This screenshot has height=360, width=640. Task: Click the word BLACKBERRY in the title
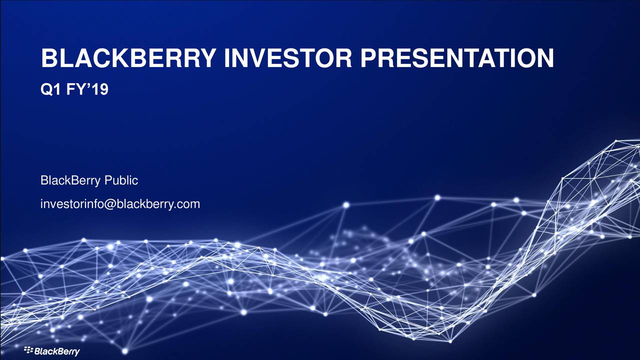tap(128, 58)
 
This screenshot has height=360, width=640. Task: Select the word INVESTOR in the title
tap(287, 58)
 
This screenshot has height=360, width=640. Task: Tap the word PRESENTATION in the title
tap(457, 58)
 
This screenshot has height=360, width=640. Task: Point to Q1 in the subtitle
tap(50, 89)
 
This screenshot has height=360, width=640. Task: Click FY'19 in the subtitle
tap(87, 89)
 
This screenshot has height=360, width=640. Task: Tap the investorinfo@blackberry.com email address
tap(120, 204)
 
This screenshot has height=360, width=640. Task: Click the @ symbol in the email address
tap(109, 204)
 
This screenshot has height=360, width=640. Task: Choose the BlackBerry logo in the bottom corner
tap(52, 351)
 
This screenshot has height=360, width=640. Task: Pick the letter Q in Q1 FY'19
tap(46, 89)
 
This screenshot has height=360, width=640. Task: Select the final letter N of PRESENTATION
tap(545, 58)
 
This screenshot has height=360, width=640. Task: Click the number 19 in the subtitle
tap(99, 89)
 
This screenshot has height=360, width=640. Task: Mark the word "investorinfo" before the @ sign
tap(72, 204)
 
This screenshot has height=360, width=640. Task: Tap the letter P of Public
tap(108, 180)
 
